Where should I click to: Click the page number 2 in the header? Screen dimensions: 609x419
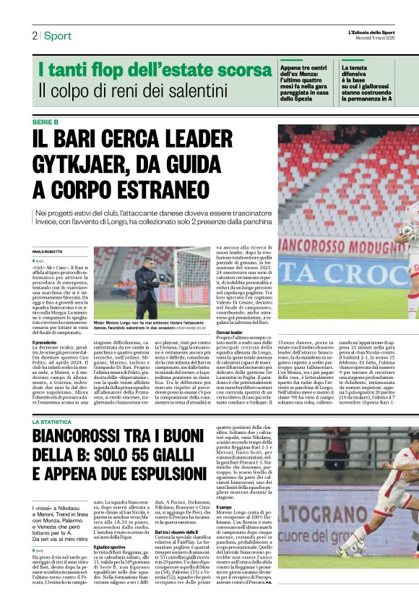pos(35,35)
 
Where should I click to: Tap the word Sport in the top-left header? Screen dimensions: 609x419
pos(58,35)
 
